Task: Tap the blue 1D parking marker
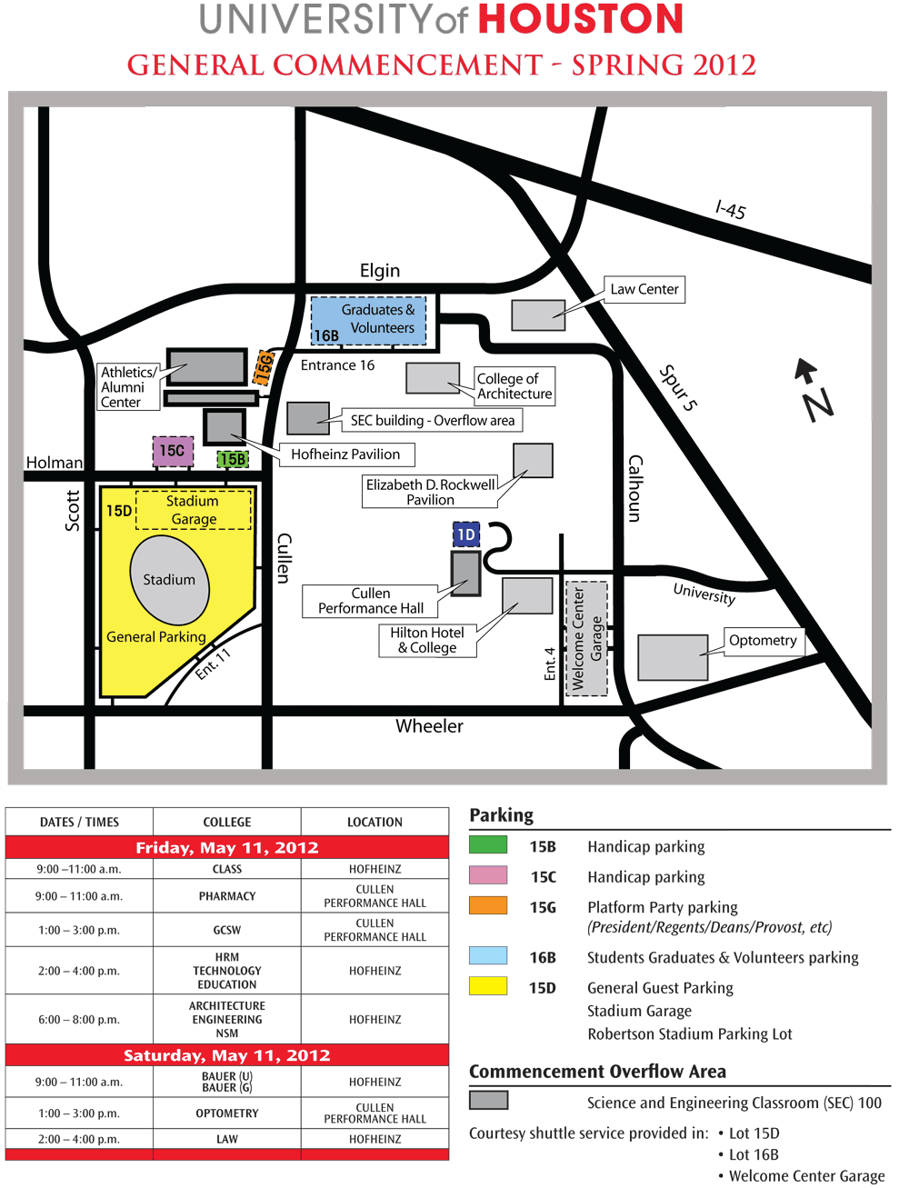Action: pos(466,534)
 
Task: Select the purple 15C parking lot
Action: pos(173,451)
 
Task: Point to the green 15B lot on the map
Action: pos(233,460)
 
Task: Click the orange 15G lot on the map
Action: pos(264,368)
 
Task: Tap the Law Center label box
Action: pos(644,290)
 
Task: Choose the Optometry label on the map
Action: pos(763,641)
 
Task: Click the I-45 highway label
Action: pos(731,210)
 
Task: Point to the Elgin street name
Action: pos(380,271)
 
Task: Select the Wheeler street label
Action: pos(429,726)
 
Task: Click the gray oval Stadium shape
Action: pos(170,581)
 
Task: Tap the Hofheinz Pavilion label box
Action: pos(345,454)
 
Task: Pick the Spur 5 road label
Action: pos(678,388)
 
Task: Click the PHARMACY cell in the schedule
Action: pos(227,896)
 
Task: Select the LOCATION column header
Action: pos(375,822)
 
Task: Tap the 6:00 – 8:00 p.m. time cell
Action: pos(79,1020)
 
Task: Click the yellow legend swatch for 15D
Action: pos(488,986)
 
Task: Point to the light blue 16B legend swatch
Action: pos(488,955)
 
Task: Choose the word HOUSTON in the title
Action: pos(580,20)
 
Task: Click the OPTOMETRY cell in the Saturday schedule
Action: pos(227,1113)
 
